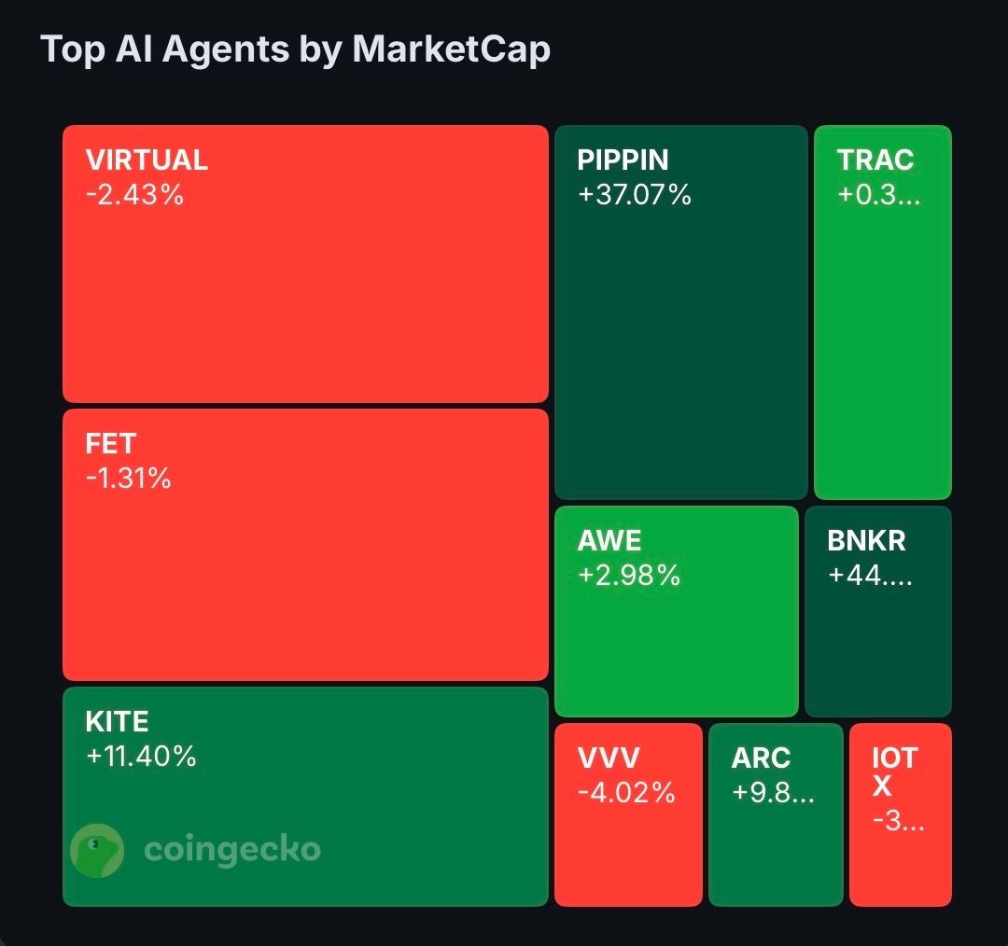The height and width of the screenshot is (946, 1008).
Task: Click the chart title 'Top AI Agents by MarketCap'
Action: [296, 50]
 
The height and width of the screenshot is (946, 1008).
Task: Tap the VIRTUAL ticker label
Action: [147, 160]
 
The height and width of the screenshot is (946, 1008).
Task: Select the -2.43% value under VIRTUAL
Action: [134, 195]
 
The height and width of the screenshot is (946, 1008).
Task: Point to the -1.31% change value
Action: [129, 478]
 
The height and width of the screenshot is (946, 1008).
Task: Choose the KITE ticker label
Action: [117, 721]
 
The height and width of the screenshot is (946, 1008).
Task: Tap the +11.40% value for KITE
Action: [141, 756]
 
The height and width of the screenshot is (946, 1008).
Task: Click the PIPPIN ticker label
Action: [623, 160]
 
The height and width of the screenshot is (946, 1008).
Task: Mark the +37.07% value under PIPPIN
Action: [635, 195]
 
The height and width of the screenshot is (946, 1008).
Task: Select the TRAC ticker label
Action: [875, 160]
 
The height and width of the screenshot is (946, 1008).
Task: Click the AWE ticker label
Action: [609, 540]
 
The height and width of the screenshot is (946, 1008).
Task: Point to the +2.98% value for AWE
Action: [629, 575]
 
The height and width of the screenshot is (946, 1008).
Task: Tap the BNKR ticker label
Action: [866, 540]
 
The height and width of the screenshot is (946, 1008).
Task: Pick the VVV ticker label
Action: [609, 758]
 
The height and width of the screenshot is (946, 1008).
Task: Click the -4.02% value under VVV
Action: [626, 793]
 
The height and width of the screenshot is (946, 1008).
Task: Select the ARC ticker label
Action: [761, 758]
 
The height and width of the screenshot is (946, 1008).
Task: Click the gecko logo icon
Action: [97, 850]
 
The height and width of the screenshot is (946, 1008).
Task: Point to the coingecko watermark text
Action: [232, 850]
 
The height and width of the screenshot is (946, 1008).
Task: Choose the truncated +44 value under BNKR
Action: [871, 575]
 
